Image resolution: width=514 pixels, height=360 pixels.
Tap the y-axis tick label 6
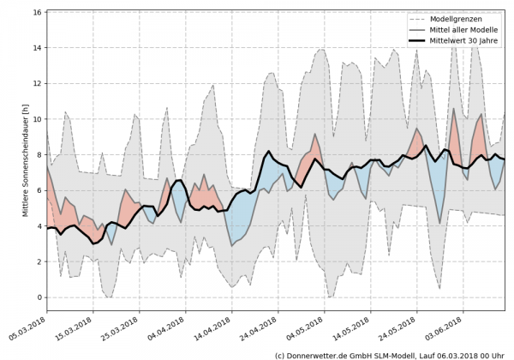(38, 190)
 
